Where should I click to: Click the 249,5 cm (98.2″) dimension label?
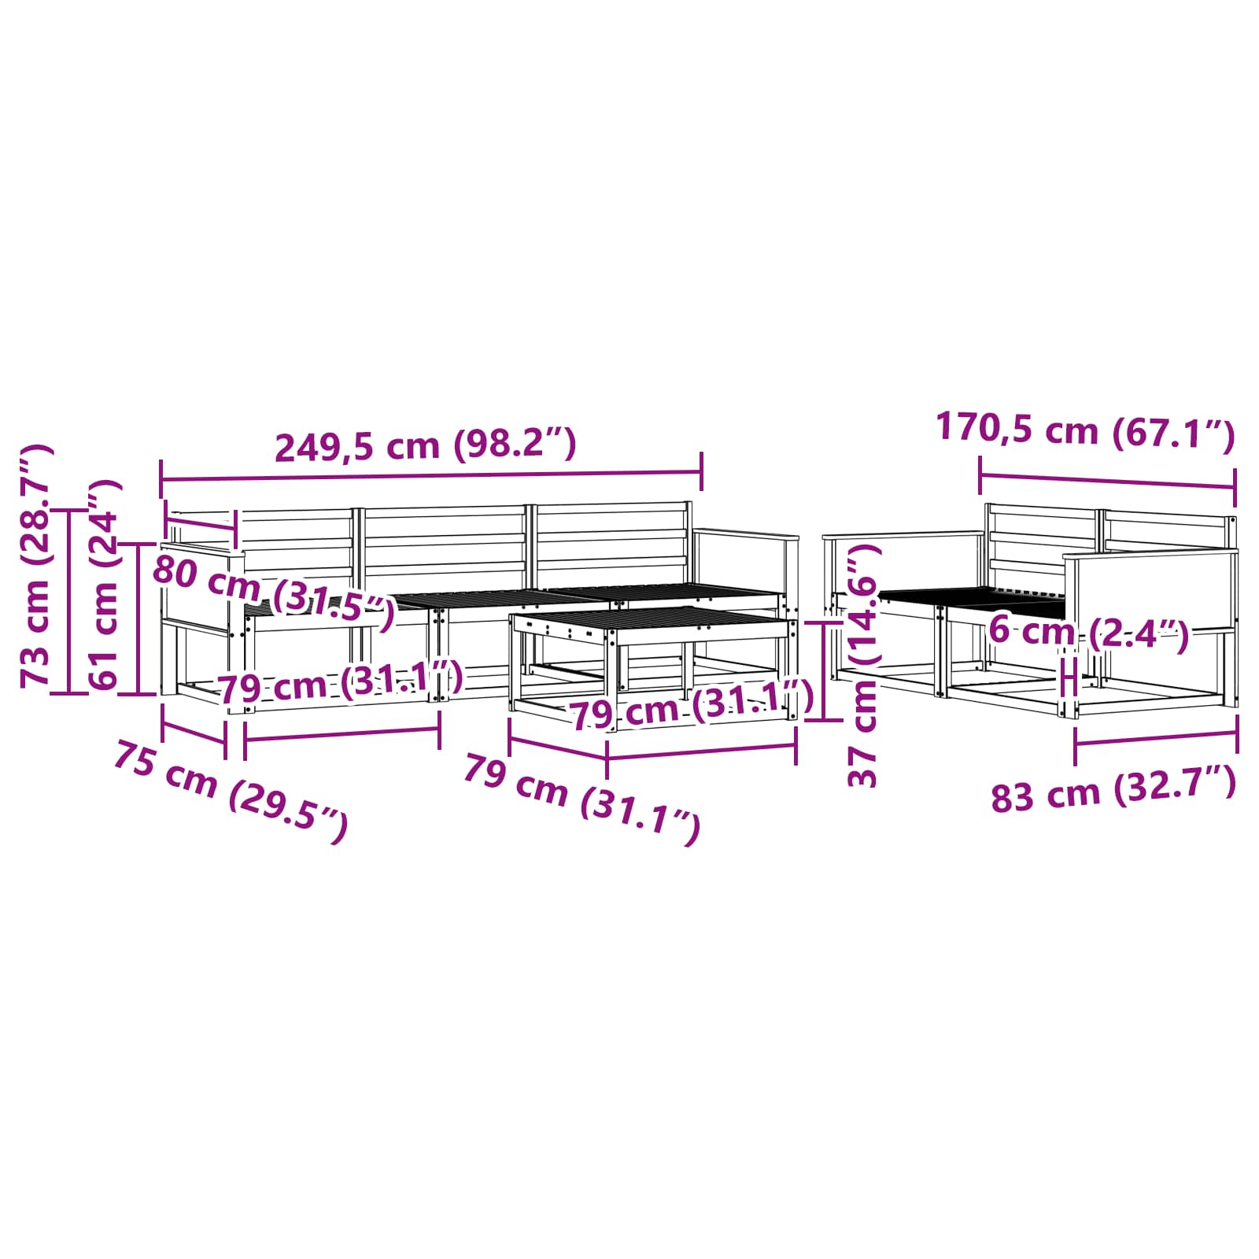tap(426, 445)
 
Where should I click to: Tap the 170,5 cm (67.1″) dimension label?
tap(1085, 431)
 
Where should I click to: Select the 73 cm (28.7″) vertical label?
tap(36, 564)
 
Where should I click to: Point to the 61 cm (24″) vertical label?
tap(104, 585)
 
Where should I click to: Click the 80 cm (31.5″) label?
tap(273, 592)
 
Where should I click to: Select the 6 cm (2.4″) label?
tap(1088, 632)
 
